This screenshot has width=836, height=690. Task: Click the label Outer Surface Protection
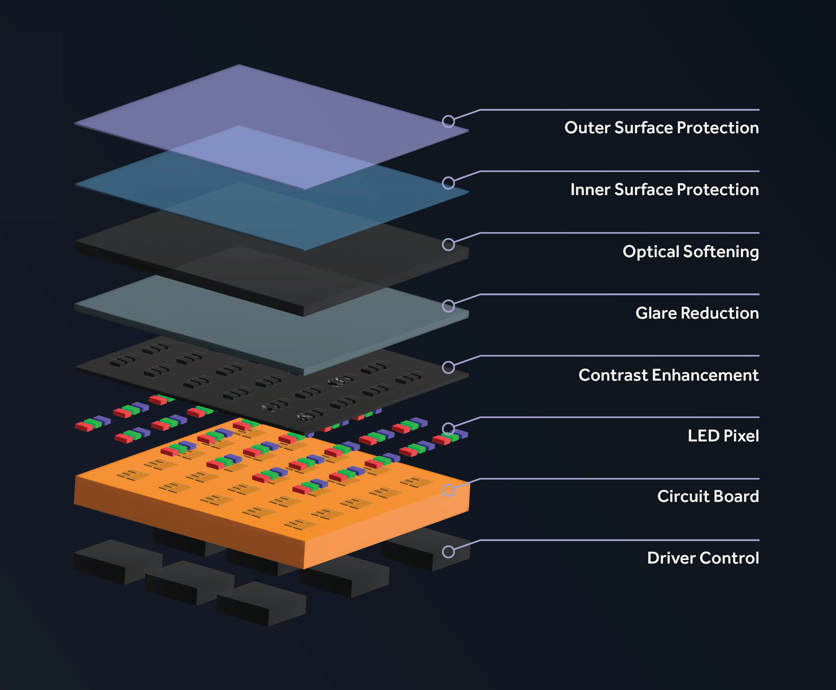661,128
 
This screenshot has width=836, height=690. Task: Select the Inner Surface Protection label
664,190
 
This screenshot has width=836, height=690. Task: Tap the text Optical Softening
691,251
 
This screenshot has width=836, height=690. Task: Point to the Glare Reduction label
697,313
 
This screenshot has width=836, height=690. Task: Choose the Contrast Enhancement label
668,375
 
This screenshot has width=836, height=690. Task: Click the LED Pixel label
723,436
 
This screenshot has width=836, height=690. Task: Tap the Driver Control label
703,558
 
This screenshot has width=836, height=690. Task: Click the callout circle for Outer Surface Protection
448,121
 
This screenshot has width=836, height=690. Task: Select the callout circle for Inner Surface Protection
448,183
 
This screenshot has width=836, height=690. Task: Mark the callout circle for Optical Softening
448,245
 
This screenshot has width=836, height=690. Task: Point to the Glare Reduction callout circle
448,306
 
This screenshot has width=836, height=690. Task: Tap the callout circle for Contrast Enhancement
448,367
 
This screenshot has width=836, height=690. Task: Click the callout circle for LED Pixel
448,429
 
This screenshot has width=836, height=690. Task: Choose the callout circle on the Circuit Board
448,490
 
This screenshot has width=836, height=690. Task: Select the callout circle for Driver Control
448,552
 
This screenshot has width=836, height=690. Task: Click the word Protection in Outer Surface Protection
718,128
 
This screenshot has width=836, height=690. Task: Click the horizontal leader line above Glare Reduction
619,294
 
